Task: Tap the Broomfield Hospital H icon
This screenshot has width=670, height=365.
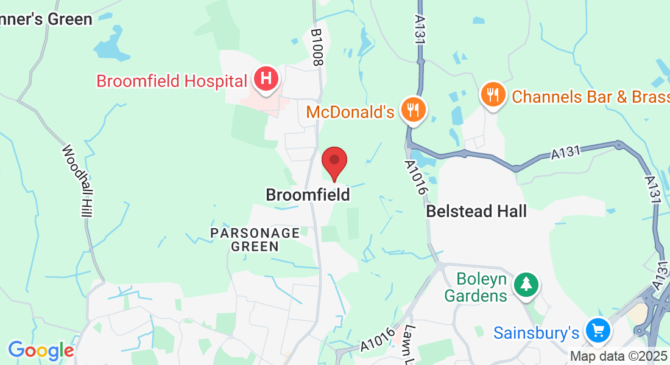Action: click(266, 79)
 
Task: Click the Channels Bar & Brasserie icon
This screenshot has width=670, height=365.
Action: click(492, 95)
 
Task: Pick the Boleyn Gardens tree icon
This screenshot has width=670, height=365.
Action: click(525, 284)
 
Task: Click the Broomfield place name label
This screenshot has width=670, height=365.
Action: click(308, 195)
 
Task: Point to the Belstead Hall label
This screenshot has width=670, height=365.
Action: click(476, 212)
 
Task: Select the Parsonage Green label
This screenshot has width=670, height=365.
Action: click(255, 240)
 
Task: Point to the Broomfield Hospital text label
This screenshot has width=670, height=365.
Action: click(172, 80)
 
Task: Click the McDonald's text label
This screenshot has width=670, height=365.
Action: click(350, 112)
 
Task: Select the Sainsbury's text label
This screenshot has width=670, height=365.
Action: click(536, 333)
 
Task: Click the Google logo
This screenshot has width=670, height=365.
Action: click(41, 351)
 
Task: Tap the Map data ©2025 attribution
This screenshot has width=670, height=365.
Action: click(619, 356)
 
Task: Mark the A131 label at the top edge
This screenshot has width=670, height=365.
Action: click(420, 27)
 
